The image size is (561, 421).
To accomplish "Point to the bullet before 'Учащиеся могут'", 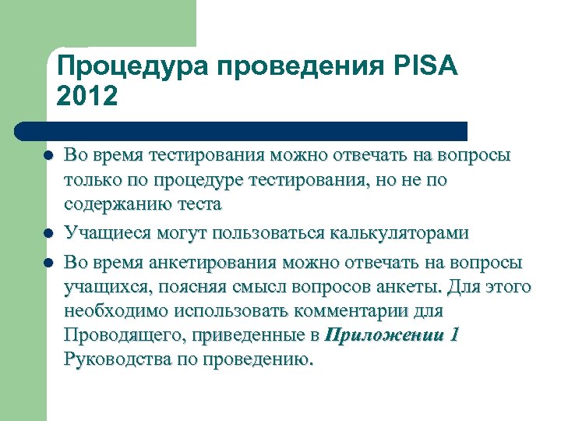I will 48,233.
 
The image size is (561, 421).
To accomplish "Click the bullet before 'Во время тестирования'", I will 48,156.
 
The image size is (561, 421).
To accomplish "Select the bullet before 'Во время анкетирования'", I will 48,262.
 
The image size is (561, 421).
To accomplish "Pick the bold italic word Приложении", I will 382,336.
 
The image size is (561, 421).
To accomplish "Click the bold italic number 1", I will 454,336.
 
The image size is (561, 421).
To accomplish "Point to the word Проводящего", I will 125,336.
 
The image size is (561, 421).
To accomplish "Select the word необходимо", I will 115,311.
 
